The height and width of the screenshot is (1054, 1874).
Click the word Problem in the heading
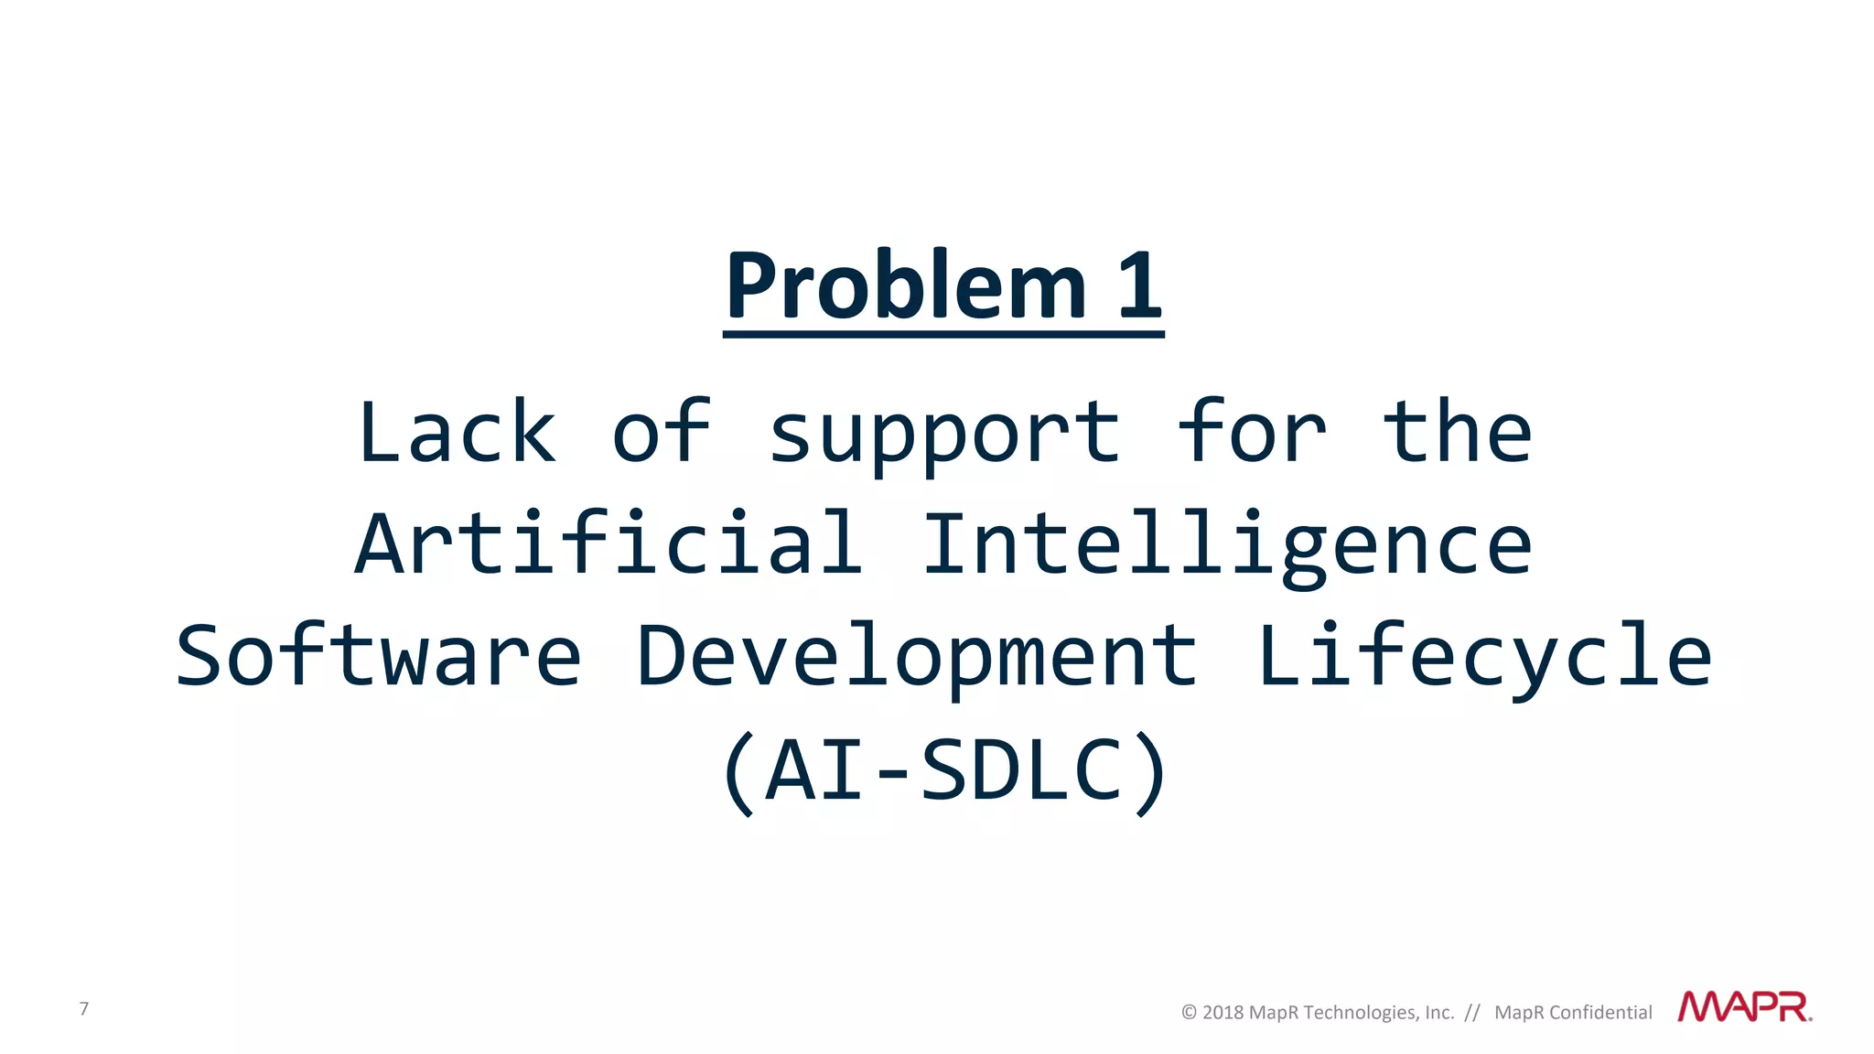point(906,286)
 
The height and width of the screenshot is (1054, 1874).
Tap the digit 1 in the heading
point(1139,286)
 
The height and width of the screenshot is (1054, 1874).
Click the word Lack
point(457,432)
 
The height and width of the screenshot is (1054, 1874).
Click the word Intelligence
point(1227,547)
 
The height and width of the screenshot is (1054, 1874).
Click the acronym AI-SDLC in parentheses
point(943,770)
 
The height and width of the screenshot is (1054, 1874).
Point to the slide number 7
point(84,1008)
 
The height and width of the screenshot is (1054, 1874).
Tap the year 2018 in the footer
point(1222,1013)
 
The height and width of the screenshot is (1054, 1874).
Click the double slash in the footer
point(1471,1013)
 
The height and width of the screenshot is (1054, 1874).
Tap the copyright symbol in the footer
point(1189,1013)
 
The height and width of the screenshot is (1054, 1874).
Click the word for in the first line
point(1251,432)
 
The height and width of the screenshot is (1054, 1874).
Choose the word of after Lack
point(661,432)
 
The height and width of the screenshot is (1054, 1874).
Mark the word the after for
point(1457,432)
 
